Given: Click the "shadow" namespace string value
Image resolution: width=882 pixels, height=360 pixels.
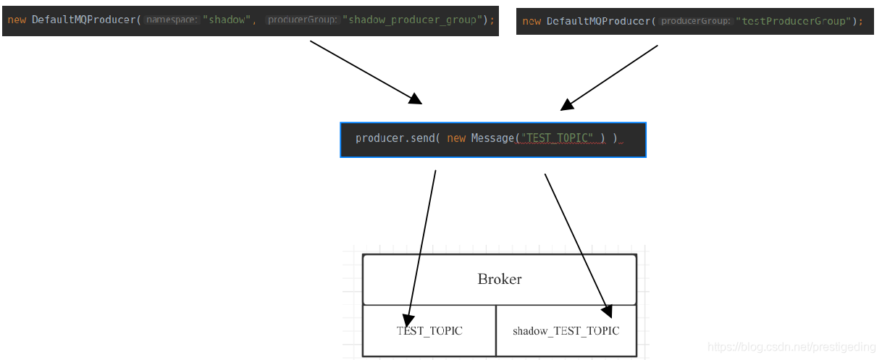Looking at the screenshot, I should pyautogui.click(x=227, y=20).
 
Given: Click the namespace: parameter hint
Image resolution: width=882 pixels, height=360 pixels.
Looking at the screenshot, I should pyautogui.click(x=172, y=20).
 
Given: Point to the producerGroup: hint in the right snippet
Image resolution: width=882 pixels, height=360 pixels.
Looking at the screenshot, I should pyautogui.click(x=696, y=21).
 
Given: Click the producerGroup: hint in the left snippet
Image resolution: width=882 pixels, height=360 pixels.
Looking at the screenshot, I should pyautogui.click(x=302, y=20).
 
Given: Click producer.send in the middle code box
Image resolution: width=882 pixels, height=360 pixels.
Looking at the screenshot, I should pyautogui.click(x=394, y=138).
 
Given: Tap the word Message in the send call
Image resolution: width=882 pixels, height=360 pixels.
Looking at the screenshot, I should pyautogui.click(x=492, y=138).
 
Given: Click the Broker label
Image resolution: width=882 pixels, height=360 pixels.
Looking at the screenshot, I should pyautogui.click(x=500, y=279).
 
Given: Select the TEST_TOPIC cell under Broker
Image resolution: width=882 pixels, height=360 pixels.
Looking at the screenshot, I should pyautogui.click(x=429, y=331).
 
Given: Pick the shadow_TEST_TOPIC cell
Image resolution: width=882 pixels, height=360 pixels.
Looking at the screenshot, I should pyautogui.click(x=566, y=331).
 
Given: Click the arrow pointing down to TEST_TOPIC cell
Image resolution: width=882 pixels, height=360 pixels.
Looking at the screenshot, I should pyautogui.click(x=422, y=246).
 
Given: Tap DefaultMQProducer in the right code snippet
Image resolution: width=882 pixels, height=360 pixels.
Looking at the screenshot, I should pyautogui.click(x=600, y=21).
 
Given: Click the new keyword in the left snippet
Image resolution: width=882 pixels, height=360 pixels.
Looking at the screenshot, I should pyautogui.click(x=17, y=20).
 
